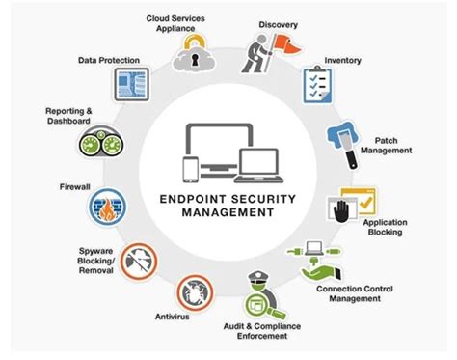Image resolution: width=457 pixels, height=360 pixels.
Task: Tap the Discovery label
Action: [x=278, y=24]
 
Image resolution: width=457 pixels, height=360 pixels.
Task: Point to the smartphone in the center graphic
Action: [x=192, y=167]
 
